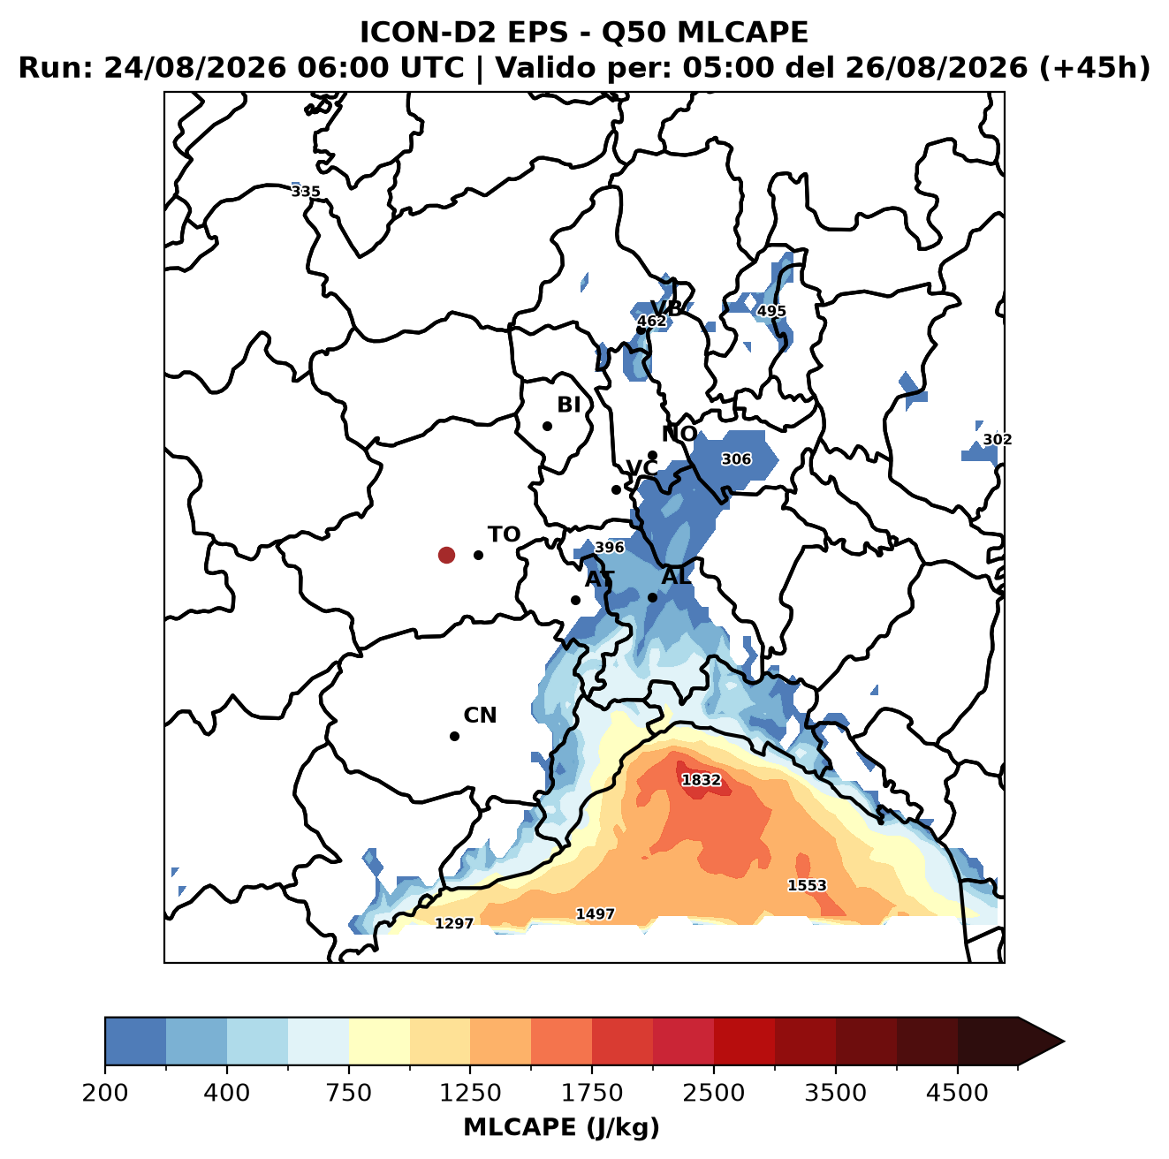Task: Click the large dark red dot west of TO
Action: [x=446, y=555]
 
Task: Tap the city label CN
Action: [x=480, y=716]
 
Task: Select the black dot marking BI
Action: [x=547, y=426]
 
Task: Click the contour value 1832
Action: [x=702, y=780]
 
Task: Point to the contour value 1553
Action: [x=807, y=885]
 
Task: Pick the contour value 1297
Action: [x=454, y=923]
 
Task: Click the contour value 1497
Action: [x=596, y=913]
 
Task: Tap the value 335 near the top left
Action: [x=306, y=192]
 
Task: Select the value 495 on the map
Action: [x=771, y=311]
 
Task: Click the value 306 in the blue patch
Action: [x=736, y=459]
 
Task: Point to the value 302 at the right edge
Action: [x=998, y=439]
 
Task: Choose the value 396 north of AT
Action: [x=609, y=547]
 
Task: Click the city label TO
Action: [x=505, y=534]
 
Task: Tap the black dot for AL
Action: [x=652, y=597]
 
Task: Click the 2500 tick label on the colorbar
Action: [x=713, y=1093]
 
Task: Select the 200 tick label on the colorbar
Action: [x=105, y=1093]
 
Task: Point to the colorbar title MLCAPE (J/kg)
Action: [x=561, y=1127]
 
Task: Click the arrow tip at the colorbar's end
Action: [x=1064, y=1042]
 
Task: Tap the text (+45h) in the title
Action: [x=1095, y=68]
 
